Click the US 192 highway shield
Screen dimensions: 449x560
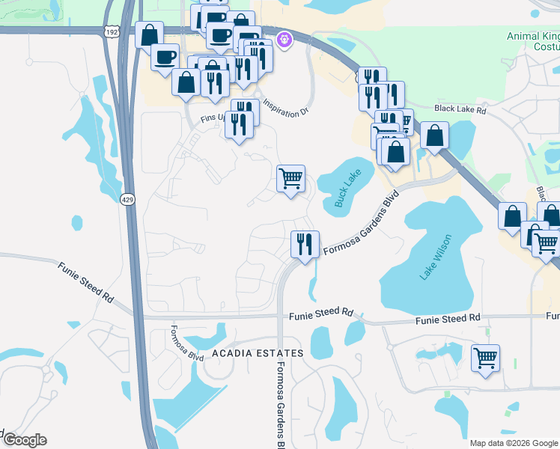(x=112, y=33)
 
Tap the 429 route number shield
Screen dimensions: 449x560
(x=127, y=199)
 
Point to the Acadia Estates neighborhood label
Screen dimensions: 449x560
(x=258, y=352)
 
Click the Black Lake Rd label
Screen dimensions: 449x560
(x=460, y=109)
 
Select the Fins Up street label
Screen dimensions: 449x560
(x=213, y=118)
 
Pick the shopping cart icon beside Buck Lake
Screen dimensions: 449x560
(x=290, y=179)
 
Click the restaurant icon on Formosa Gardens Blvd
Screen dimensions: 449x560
(x=305, y=244)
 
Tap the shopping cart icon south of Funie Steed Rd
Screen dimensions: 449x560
(x=485, y=358)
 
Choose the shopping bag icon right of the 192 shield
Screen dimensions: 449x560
(x=150, y=34)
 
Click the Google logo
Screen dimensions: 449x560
(x=24, y=440)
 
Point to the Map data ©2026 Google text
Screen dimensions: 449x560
(x=514, y=443)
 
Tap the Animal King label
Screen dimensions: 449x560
(x=532, y=36)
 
